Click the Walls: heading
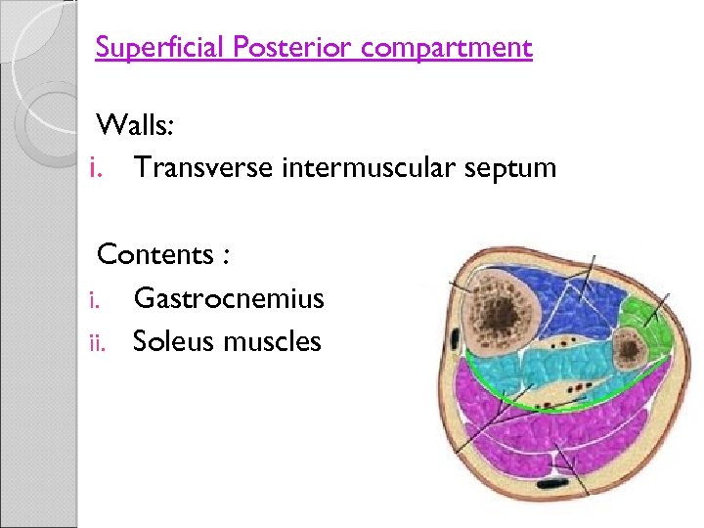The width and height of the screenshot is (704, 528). [x=135, y=125]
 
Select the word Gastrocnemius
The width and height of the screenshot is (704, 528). [x=228, y=298]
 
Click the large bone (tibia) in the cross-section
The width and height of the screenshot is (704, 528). [x=497, y=312]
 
